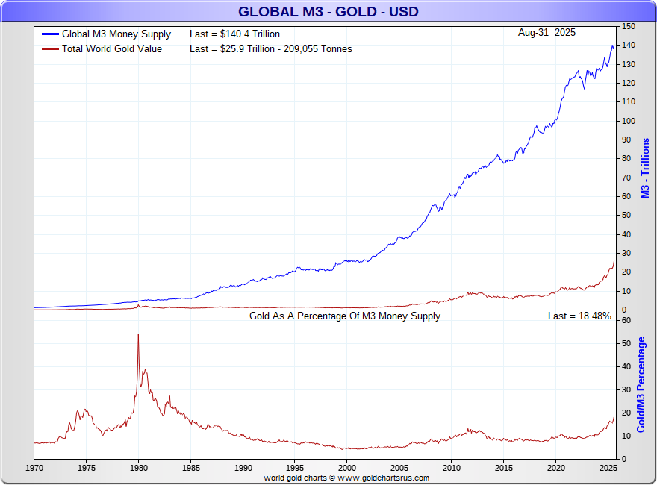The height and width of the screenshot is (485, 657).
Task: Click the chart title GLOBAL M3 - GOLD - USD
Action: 328,12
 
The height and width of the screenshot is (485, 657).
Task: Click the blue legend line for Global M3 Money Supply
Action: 50,34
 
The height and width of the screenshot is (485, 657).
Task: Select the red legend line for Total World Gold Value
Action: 50,49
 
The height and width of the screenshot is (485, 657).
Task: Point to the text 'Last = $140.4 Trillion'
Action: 234,34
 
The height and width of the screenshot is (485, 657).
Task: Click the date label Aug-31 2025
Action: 547,33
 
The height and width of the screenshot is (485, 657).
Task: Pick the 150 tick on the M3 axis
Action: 629,26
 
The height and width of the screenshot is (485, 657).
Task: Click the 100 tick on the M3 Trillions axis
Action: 629,121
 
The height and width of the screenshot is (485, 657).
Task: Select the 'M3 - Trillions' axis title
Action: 646,168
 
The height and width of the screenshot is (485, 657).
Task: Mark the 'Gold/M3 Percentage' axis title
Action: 641,384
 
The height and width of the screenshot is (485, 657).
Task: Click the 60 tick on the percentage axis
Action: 626,320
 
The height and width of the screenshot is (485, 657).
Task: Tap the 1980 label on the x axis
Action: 138,468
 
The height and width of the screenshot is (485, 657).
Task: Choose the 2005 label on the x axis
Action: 399,468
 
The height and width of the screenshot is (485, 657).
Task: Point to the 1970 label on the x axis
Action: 34,468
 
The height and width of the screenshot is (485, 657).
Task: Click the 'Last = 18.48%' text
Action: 579,316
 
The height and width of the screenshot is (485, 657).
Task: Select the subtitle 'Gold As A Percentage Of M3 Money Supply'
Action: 345,316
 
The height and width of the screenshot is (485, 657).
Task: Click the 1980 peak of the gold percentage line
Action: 138,334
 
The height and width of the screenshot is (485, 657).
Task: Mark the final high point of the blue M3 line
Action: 614,44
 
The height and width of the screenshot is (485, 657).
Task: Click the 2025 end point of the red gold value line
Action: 614,261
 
